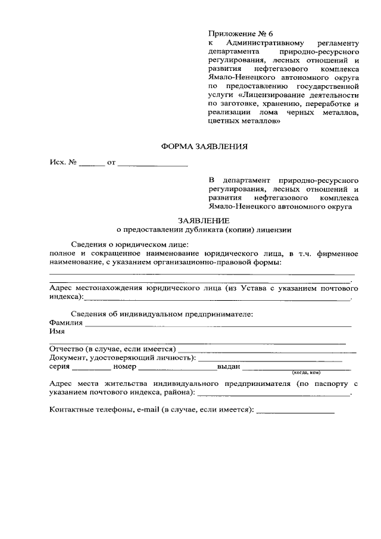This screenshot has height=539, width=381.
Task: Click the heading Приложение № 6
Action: coord(236,33)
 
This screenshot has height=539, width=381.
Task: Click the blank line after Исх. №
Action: coord(92,163)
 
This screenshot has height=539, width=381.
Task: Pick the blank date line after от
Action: coord(153,163)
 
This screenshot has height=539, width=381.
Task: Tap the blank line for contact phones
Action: coord(295,411)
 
